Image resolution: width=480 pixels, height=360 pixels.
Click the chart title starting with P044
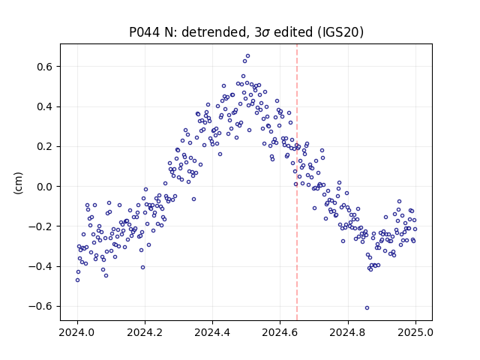pyautogui.click(x=247, y=32)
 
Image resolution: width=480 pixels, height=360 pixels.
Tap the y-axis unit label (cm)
pyautogui.click(x=18, y=183)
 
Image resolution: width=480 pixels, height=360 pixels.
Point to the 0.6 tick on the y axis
pyautogui.click(x=46, y=67)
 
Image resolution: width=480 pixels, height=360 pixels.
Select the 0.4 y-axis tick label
pyautogui.click(x=46, y=106)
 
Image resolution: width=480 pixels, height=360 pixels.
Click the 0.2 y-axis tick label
pyautogui.click(x=46, y=147)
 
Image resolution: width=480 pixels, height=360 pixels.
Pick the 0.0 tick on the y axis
pyautogui.click(x=46, y=187)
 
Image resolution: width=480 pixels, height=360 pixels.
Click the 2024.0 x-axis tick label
pyautogui.click(x=77, y=332)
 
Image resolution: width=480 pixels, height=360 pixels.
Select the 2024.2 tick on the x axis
pyautogui.click(x=145, y=332)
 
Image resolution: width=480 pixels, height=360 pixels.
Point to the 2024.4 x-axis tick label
pyautogui.click(x=212, y=332)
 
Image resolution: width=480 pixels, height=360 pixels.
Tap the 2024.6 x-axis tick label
pyautogui.click(x=280, y=332)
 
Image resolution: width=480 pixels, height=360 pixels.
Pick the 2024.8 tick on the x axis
pyautogui.click(x=348, y=332)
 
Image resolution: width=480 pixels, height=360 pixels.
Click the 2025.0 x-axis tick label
pyautogui.click(x=415, y=332)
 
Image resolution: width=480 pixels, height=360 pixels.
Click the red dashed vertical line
pyautogui.click(x=297, y=182)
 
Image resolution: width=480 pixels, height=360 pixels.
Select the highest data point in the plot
pyautogui.click(x=248, y=56)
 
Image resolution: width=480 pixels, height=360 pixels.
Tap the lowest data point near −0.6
pyautogui.click(x=367, y=308)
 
